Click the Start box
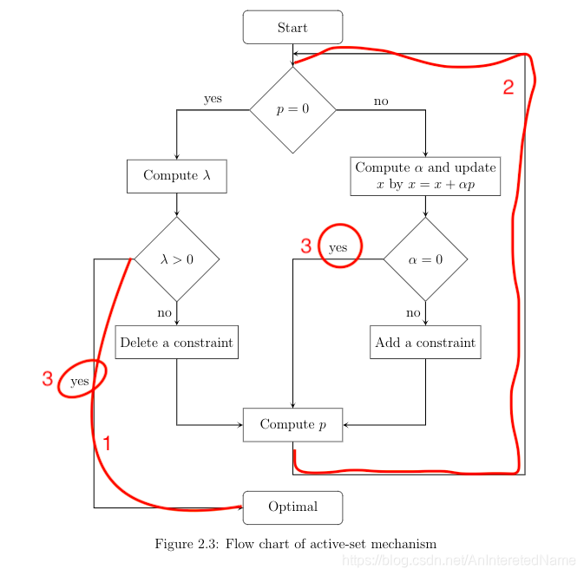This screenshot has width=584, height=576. coord(292,27)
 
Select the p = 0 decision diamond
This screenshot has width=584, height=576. coord(292,110)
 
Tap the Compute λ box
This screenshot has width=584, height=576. coord(177,175)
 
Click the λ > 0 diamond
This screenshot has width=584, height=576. coord(177,259)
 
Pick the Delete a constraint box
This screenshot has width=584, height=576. coord(177,342)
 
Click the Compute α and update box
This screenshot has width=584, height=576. coord(425,176)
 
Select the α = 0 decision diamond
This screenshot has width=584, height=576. coord(425,259)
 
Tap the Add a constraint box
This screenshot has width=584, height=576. coord(425,342)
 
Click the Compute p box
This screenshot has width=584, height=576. coord(292,424)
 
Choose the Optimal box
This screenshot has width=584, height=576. coord(292,507)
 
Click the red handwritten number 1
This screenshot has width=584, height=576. coord(107,443)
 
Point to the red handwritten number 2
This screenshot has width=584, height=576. coord(509,87)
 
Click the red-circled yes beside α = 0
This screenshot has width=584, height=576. coord(338,247)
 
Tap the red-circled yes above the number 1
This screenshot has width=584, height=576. coord(80,381)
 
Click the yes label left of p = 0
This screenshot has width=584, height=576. coord(213,99)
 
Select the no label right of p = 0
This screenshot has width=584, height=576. coord(381,101)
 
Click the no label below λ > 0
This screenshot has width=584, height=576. coord(164,312)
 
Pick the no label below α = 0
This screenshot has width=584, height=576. coord(413,312)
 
